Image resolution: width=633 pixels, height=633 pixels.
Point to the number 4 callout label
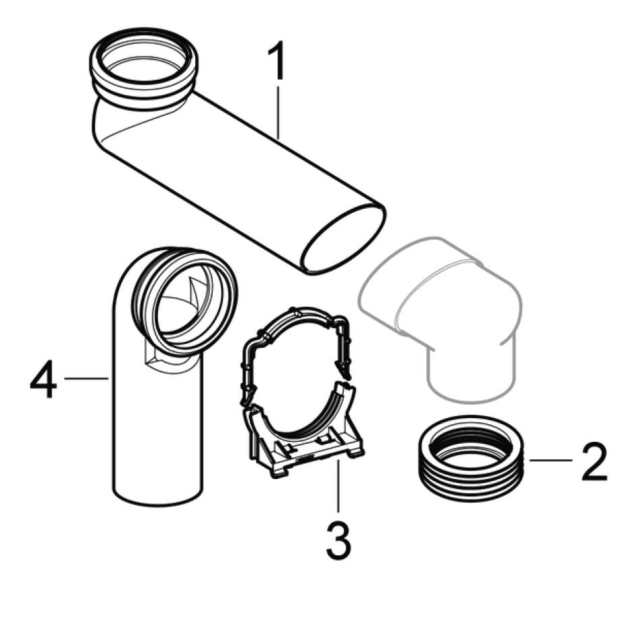(43, 378)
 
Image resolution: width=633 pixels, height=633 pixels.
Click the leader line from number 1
(278, 110)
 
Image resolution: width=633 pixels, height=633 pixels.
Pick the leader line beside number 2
(551, 460)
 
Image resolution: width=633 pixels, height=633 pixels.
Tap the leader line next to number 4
(86, 378)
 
